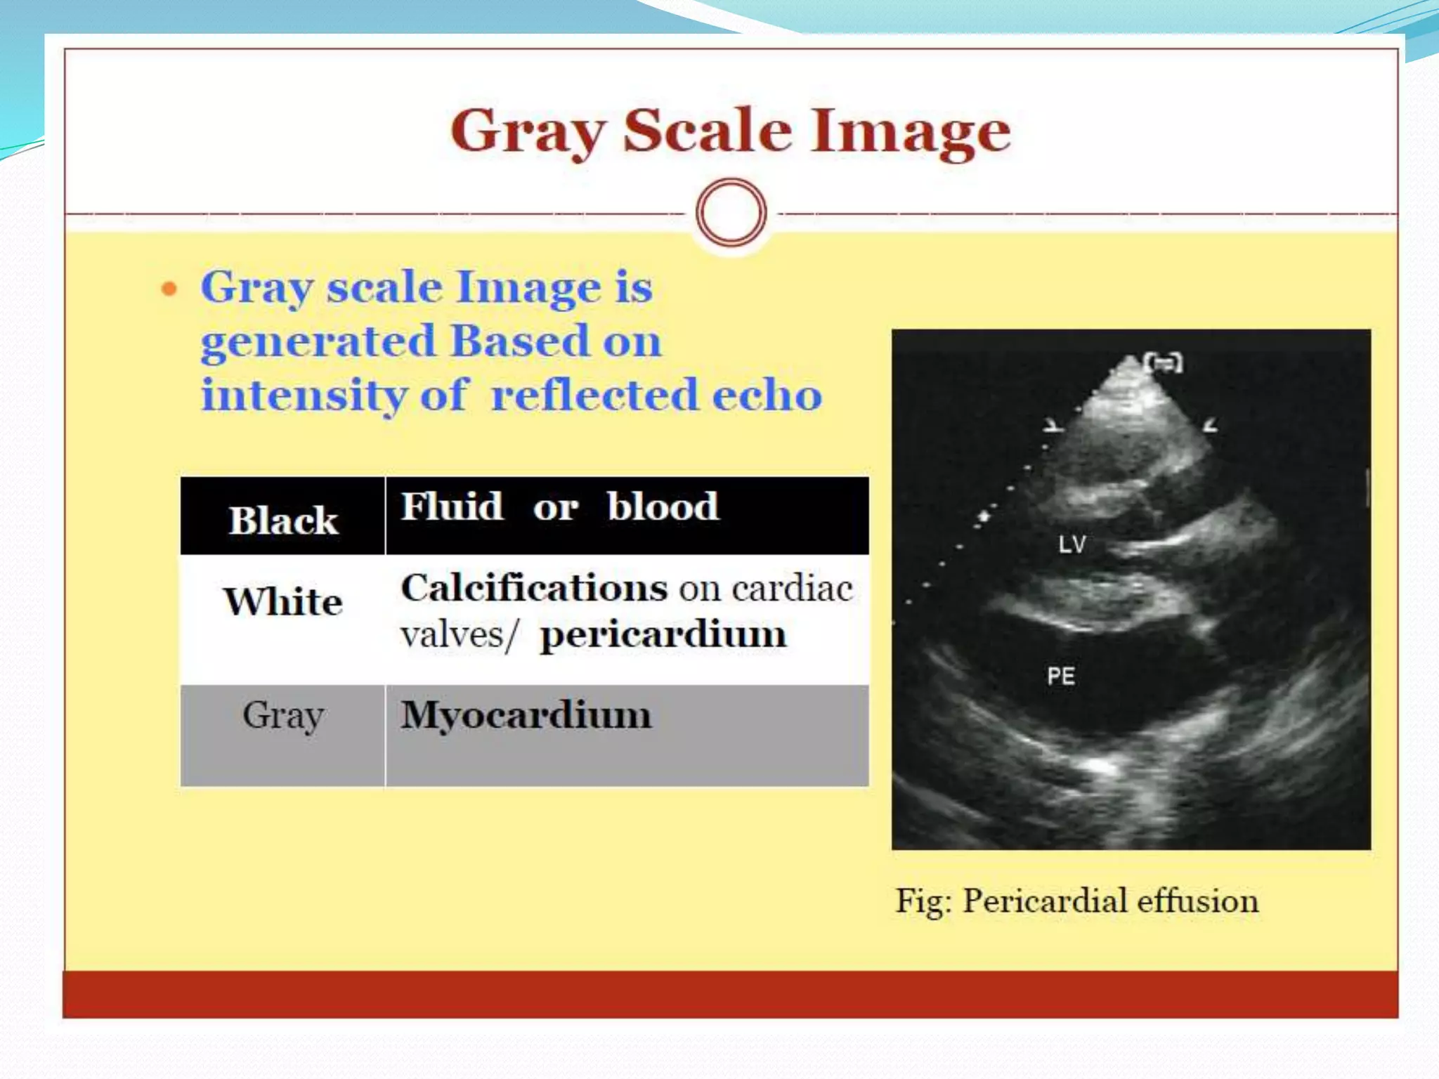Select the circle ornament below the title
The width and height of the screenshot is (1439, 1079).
click(x=731, y=213)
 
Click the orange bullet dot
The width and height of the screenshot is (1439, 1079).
click(x=169, y=289)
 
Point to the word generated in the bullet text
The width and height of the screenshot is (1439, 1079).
click(x=318, y=342)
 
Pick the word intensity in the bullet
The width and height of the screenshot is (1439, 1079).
click(x=304, y=395)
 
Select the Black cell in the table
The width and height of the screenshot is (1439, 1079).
click(x=283, y=520)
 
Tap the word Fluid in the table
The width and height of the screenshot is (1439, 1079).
click(x=452, y=506)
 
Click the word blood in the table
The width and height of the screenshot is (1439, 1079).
click(x=663, y=506)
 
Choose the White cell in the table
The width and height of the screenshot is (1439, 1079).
click(x=283, y=602)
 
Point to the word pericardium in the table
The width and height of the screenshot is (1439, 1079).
click(x=663, y=635)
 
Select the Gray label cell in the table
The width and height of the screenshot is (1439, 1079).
click(x=283, y=717)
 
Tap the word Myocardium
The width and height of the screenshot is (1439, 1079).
click(x=526, y=716)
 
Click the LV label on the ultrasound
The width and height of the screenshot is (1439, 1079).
click(x=1072, y=544)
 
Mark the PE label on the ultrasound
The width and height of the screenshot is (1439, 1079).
click(x=1061, y=676)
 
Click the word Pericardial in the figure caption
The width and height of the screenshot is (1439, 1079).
click(x=1043, y=901)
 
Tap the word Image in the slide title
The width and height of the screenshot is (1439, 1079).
click(x=911, y=132)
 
